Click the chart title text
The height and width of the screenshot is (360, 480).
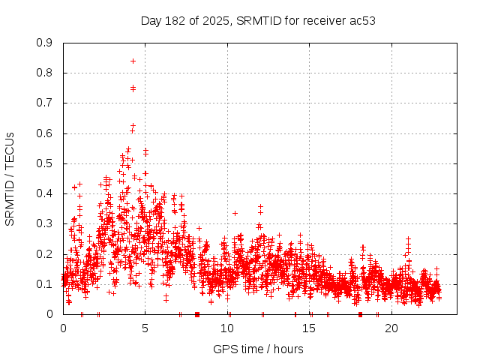258,20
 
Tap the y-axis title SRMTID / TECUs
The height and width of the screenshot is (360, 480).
10,179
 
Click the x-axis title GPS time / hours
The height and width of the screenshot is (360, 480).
258,349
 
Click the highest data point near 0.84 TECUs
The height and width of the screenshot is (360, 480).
133,61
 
